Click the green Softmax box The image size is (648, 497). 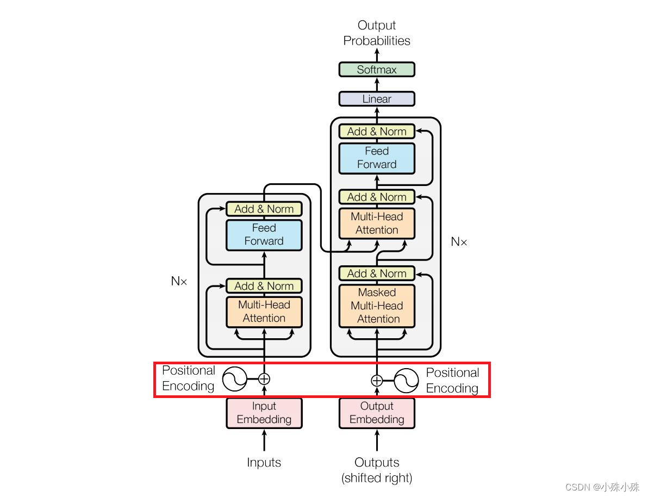click(x=377, y=70)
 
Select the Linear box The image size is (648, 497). click(x=377, y=99)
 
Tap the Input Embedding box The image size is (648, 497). click(x=264, y=413)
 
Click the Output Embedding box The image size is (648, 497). click(x=377, y=413)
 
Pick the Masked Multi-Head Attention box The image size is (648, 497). click(x=377, y=306)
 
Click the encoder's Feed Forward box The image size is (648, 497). click(x=264, y=234)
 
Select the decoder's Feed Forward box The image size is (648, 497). click(x=377, y=158)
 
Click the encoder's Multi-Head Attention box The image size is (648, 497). click(x=264, y=312)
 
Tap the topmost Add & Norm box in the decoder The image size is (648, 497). click(x=377, y=132)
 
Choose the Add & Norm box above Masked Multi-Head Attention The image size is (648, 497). click(x=377, y=274)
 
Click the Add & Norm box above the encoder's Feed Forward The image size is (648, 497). click(x=264, y=209)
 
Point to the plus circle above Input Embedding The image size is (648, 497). click(x=264, y=378)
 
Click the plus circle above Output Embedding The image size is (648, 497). click(x=377, y=380)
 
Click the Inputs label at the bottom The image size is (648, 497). click(x=264, y=463)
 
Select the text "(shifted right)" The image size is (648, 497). click(x=377, y=479)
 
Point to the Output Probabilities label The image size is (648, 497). click(x=377, y=33)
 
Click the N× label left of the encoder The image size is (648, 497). click(x=179, y=281)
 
